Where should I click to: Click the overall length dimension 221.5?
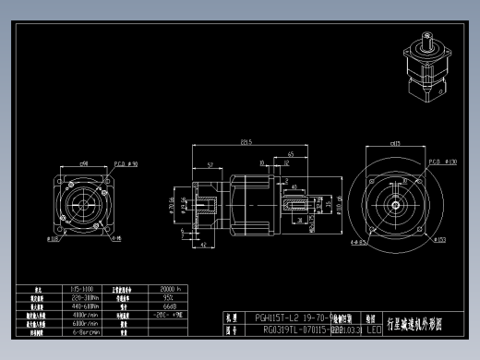(x=246, y=142)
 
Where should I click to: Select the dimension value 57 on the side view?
(x=210, y=163)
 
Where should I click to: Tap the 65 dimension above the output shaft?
(x=291, y=154)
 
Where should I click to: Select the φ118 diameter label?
(x=52, y=238)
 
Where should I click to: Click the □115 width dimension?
(x=396, y=144)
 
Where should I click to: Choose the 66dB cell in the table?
(x=169, y=306)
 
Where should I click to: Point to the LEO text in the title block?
(x=374, y=328)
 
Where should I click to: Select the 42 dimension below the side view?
(x=203, y=247)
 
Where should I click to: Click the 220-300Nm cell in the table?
(x=84, y=297)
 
